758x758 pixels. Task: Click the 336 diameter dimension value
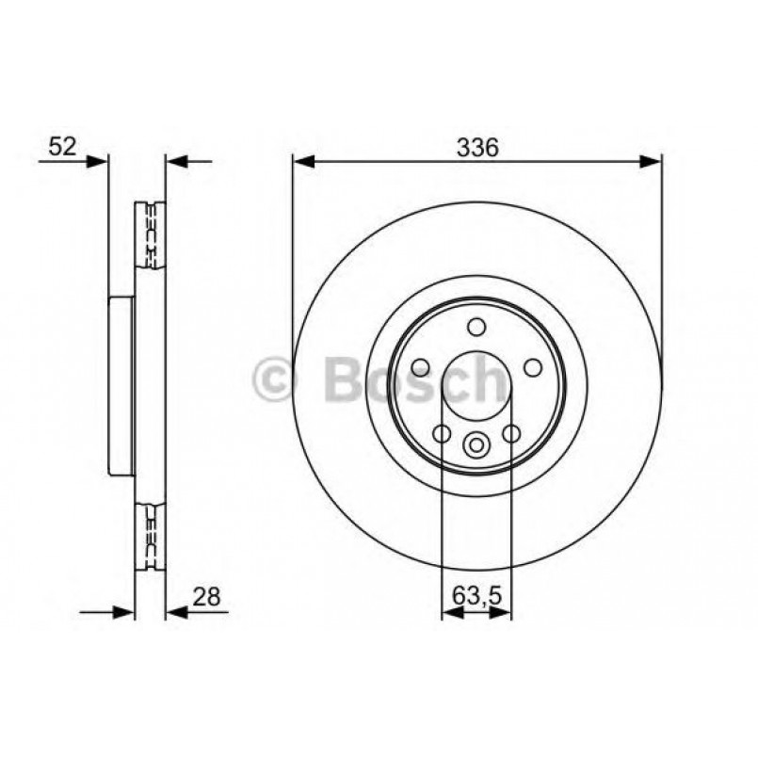pos(476,147)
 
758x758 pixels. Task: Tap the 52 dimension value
pos(62,146)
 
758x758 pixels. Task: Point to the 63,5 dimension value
pos(476,595)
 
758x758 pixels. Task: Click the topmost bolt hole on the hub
pos(476,327)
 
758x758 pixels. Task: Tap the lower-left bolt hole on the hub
pos(441,433)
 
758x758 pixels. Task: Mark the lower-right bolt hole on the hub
pos(511,433)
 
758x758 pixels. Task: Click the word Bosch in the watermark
pos(414,379)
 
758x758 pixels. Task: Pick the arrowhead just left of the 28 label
pos(176,613)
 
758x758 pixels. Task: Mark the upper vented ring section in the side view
pos(151,234)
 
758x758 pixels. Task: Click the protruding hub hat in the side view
pos(121,386)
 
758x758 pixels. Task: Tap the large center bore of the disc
pos(476,386)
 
